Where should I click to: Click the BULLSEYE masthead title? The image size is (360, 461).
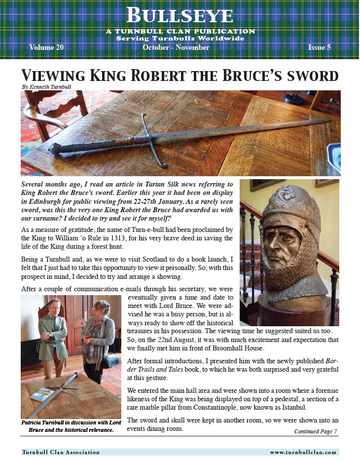180,16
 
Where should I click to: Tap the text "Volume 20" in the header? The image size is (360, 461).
46,48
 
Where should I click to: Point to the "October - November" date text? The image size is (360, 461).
176,48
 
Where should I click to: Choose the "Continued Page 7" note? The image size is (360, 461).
316,431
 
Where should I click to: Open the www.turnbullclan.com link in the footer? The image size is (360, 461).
303,452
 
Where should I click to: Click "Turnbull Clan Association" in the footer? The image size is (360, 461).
61,452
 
